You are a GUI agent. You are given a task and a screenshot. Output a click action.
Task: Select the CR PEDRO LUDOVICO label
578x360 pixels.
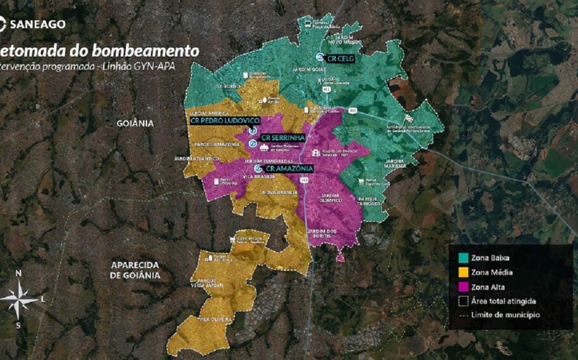[224, 120]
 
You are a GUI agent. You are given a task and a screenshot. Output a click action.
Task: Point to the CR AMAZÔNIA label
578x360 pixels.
[289, 169]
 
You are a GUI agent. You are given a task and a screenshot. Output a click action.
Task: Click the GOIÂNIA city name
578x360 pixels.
[135, 123]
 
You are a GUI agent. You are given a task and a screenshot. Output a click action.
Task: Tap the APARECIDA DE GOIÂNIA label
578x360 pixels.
[135, 270]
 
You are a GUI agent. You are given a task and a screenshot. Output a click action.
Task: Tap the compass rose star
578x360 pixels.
[20, 299]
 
